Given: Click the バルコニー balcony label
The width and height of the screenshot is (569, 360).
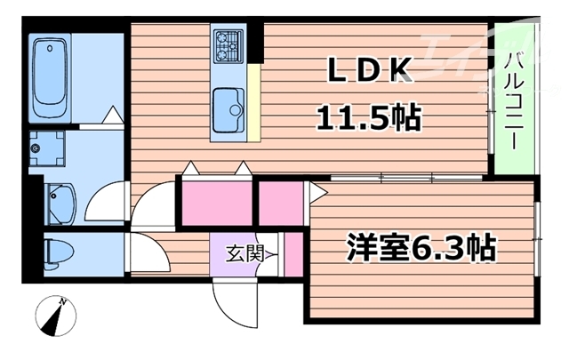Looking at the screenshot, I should click(x=514, y=99).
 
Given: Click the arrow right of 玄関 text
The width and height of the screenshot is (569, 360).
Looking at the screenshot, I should click(x=270, y=254).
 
